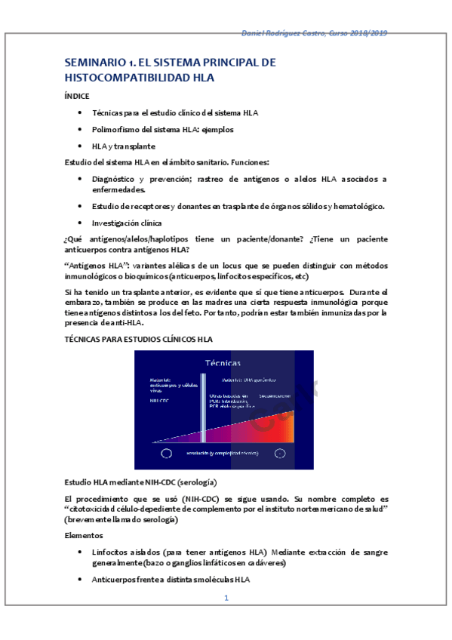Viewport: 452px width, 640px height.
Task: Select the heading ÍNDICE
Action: click(x=77, y=96)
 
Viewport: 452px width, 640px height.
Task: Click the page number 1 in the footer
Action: click(x=226, y=598)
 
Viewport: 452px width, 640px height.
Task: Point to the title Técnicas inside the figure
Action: click(x=223, y=363)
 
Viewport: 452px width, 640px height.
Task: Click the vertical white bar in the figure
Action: click(x=203, y=408)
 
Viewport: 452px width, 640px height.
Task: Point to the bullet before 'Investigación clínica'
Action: click(x=81, y=223)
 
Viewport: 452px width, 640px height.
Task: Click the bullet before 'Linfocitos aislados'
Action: click(x=81, y=552)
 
